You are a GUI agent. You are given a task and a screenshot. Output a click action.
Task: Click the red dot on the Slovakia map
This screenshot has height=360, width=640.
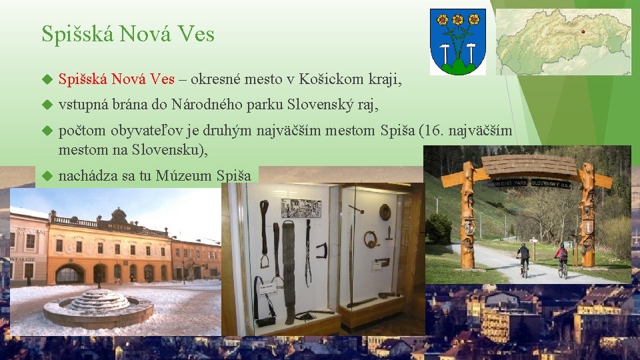tap(583, 31)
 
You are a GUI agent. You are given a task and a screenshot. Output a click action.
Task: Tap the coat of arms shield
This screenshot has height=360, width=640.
tap(457, 41)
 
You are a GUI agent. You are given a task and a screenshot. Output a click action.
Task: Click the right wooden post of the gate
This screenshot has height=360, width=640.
tap(587, 213)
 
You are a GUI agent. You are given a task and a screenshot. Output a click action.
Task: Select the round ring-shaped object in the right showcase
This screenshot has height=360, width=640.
tap(371, 239)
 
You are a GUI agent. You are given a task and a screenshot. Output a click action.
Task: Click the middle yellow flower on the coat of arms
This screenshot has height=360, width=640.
tap(458, 19)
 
